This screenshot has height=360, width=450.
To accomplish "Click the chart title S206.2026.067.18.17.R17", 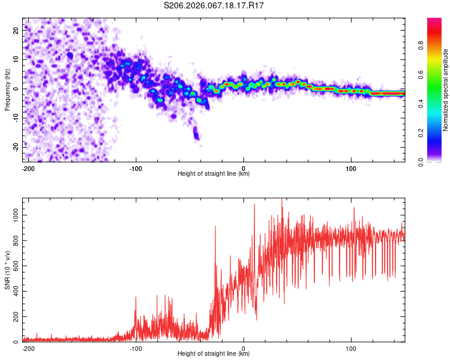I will click(214, 5).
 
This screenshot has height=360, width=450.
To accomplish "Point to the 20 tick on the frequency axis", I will click(16, 31).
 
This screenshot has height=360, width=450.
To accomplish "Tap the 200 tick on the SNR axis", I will click(14, 317).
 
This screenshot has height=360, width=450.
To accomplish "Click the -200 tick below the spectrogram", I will click(28, 167).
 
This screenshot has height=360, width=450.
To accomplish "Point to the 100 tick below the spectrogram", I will click(351, 167).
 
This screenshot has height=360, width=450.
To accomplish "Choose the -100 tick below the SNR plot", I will click(136, 348).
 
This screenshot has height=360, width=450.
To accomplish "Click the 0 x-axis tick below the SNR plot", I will click(244, 348).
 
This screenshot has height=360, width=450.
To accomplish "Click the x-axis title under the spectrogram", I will click(214, 174).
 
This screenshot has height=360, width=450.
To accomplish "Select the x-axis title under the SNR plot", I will click(214, 355).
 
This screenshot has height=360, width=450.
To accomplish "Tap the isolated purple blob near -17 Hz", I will click(196, 134).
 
